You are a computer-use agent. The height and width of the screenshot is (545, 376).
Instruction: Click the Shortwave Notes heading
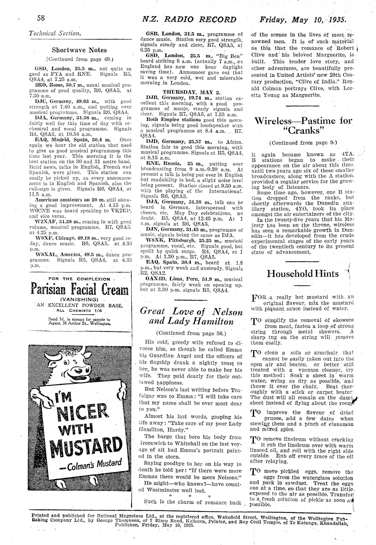[79, 50]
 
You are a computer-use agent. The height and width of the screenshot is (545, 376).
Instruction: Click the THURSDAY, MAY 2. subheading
[191, 92]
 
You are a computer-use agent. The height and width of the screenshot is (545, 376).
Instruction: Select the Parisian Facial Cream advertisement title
[80, 289]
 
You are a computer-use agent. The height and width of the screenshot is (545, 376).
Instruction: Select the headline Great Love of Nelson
[191, 311]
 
